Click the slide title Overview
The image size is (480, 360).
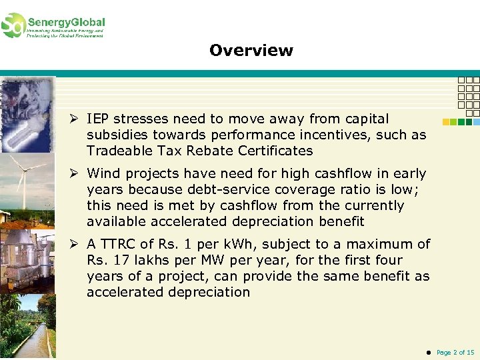(x=251, y=51)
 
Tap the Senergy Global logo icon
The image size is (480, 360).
(x=13, y=25)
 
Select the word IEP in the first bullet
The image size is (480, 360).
(x=98, y=119)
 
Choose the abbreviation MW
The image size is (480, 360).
(x=221, y=260)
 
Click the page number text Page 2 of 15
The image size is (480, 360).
(x=455, y=352)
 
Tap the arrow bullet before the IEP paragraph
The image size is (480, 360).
(x=76, y=119)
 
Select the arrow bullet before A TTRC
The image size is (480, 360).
(x=76, y=245)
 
